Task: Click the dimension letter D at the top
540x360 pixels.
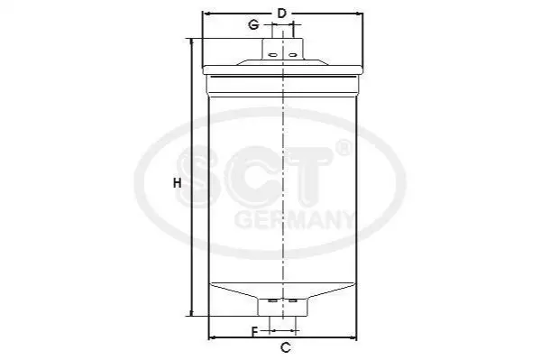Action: (282, 14)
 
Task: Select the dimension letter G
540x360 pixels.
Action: (254, 25)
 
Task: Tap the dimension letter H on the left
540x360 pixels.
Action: (177, 183)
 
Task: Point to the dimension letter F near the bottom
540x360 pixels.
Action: (254, 332)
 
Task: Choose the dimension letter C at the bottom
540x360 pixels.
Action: (286, 347)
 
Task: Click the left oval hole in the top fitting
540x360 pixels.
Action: (272, 55)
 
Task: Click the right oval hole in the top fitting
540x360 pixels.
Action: (292, 55)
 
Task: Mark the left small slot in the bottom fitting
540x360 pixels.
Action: (272, 301)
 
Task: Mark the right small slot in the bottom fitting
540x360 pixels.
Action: (293, 301)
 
